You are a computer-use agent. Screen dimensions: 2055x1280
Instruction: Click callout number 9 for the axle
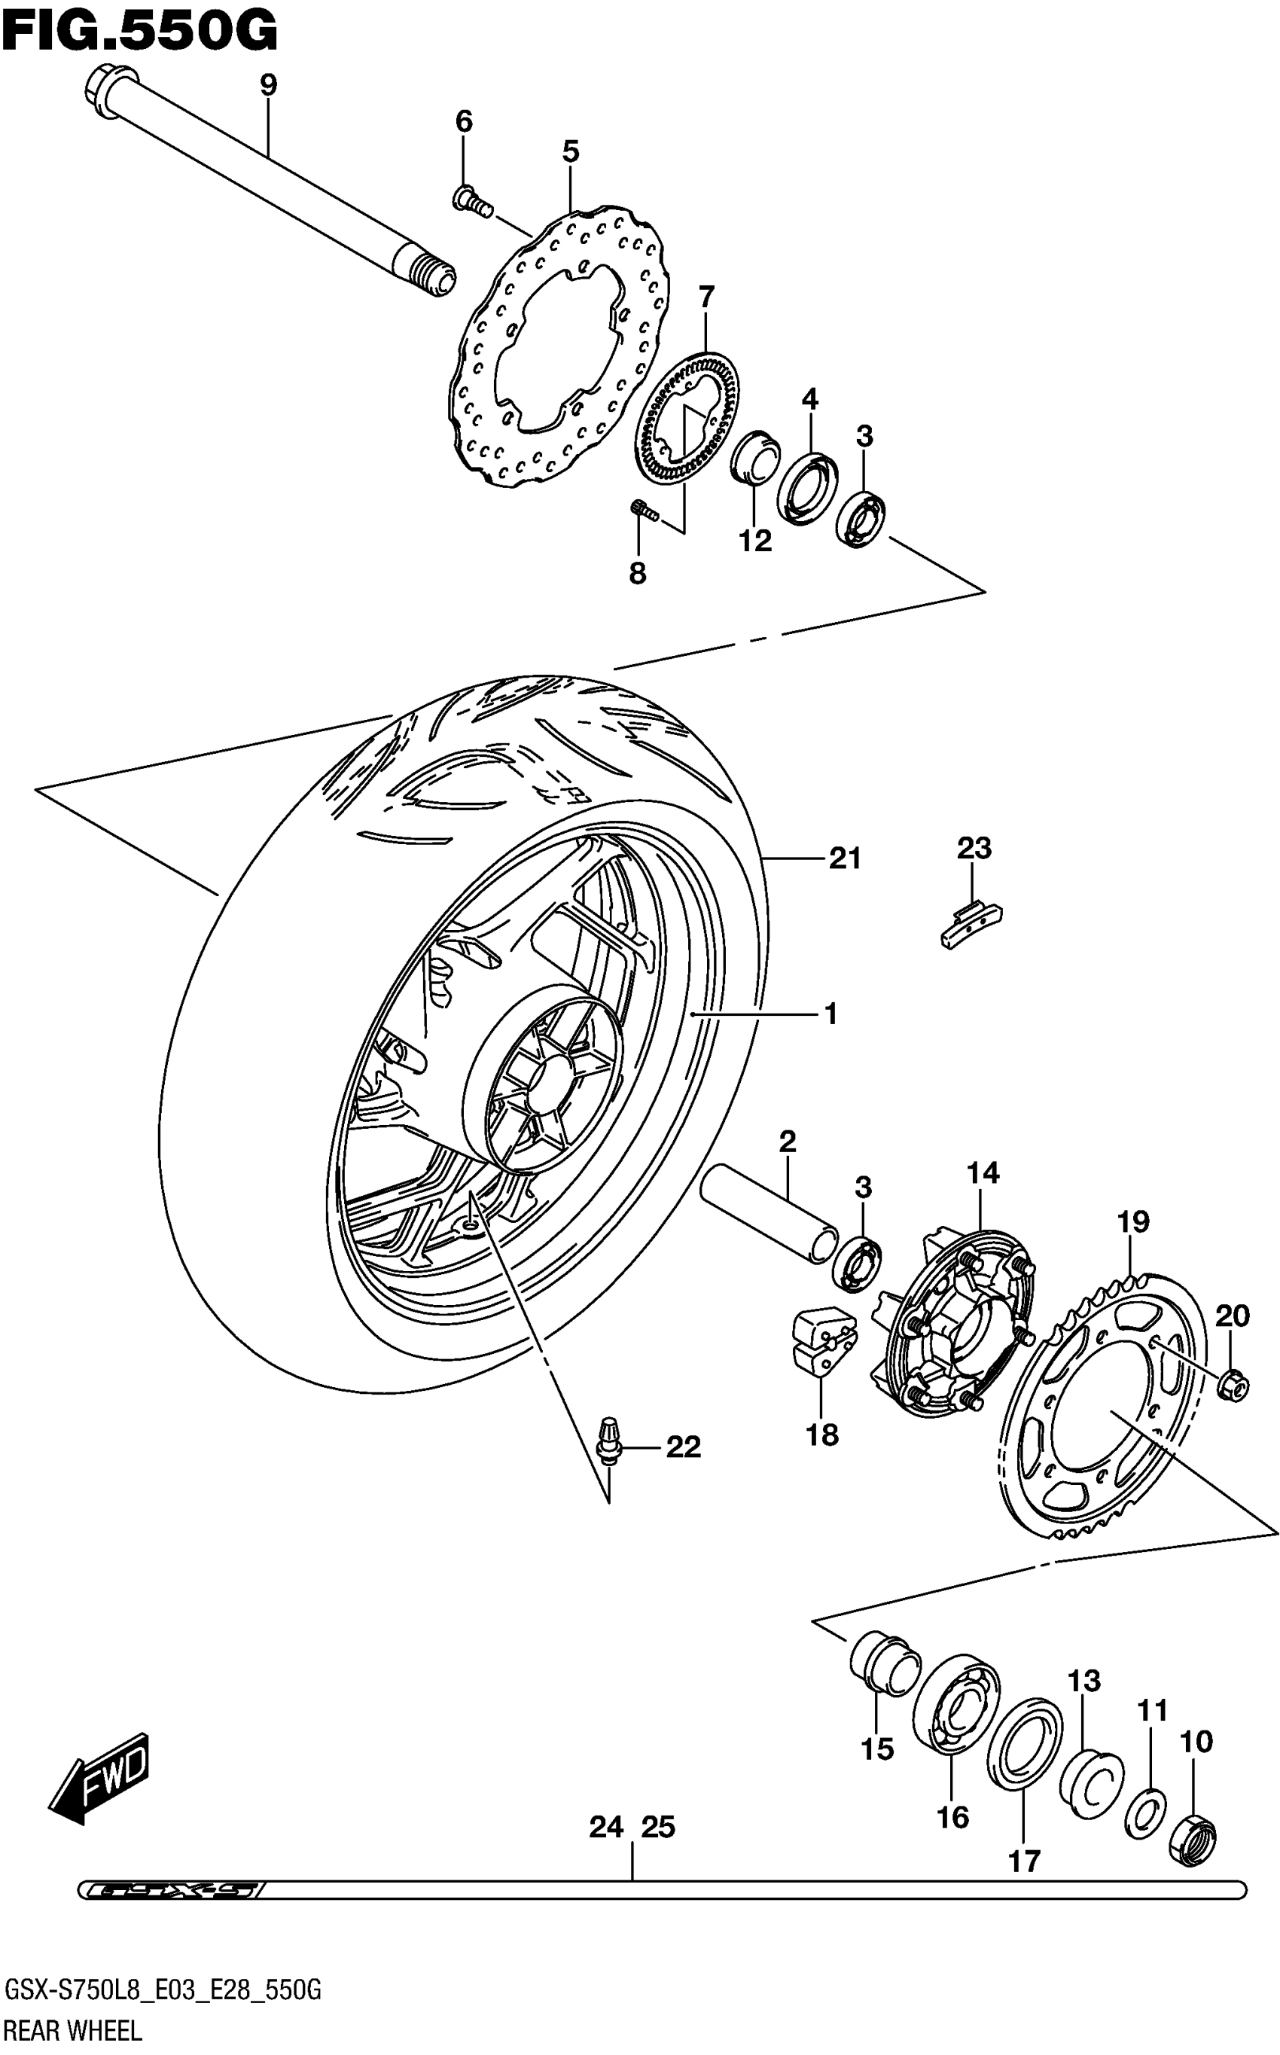[x=267, y=86]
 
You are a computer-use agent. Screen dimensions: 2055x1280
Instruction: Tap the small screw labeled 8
[x=645, y=511]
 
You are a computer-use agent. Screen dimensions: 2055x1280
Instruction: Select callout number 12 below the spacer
[x=755, y=541]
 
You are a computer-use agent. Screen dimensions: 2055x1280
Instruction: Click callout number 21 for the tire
[x=845, y=859]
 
